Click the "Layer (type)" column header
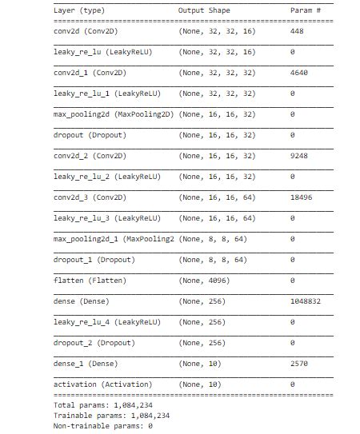78,10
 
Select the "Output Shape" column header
204,10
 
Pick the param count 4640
301,73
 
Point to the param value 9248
301,156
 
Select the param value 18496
303,197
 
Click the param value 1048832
307,301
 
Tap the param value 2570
301,364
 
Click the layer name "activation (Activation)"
98,384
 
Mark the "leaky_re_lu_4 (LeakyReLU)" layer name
106,322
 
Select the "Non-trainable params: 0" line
102,426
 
